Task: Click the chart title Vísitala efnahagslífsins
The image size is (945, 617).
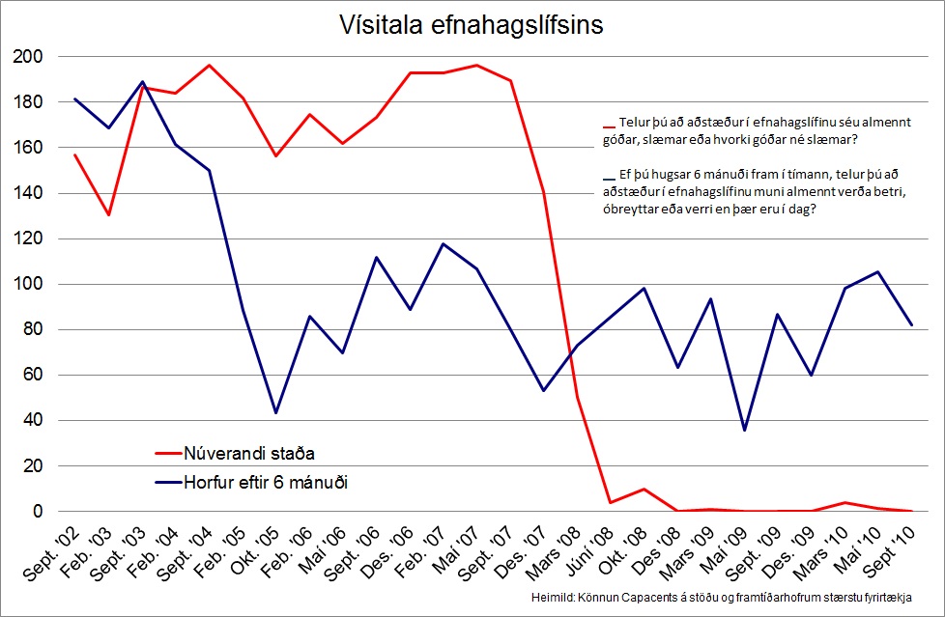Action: [472, 25]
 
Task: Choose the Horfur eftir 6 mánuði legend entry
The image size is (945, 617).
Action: [265, 482]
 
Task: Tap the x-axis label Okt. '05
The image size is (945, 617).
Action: [253, 555]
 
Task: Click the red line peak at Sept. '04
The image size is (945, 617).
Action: [210, 66]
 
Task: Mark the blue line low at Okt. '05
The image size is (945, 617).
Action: [276, 412]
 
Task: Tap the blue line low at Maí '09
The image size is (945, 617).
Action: [744, 430]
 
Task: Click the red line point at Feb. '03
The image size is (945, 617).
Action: [108, 214]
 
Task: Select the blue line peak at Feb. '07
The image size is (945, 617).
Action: [443, 243]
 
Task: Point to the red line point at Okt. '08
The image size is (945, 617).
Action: [644, 490]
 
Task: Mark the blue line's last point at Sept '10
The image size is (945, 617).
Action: [911, 325]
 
